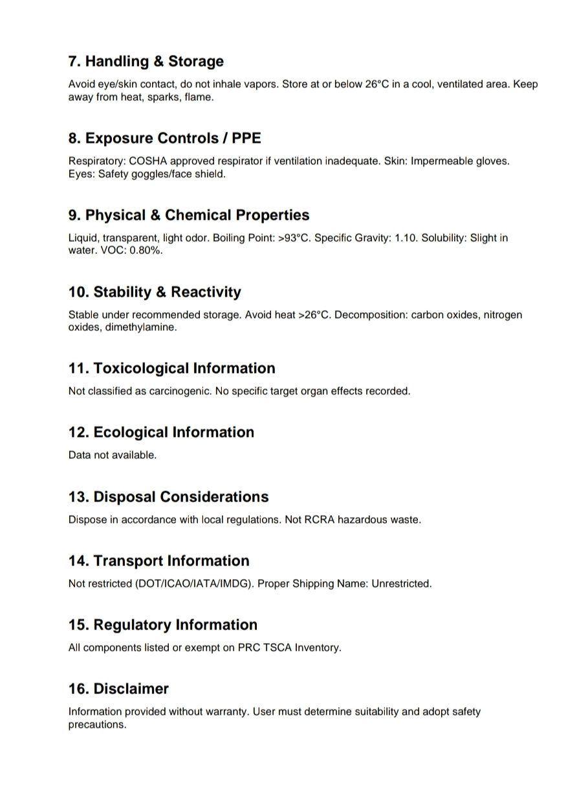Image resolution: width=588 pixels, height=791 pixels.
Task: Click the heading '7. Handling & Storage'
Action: tap(146, 61)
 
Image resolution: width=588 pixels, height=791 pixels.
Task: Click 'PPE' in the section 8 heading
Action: tap(246, 138)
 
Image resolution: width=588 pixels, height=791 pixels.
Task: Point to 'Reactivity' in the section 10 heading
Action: tap(206, 292)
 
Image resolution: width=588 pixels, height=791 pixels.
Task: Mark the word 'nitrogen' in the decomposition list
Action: tap(499, 315)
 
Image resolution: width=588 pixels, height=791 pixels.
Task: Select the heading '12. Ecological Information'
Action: tap(161, 432)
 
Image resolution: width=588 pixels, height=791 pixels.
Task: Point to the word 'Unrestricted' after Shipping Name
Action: tap(400, 584)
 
